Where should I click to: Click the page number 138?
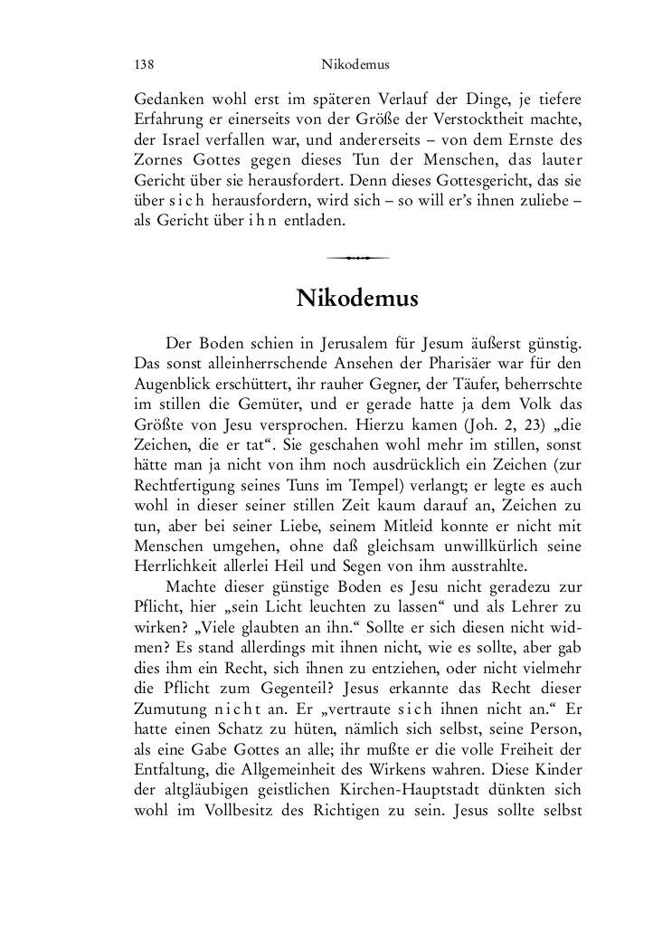144,65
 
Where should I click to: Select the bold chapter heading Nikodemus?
356,298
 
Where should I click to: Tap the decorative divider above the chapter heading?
357,258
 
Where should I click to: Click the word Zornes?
159,160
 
